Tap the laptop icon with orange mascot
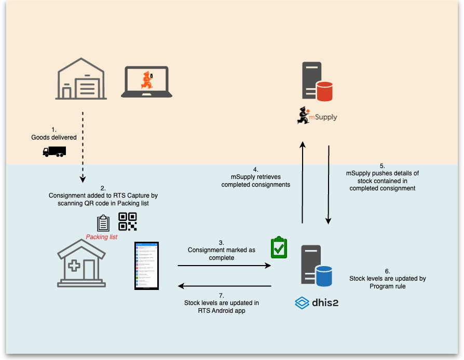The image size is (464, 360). [x=147, y=81]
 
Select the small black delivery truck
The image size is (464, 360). [x=54, y=151]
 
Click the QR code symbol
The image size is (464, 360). [x=128, y=221]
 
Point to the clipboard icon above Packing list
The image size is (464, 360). [x=104, y=224]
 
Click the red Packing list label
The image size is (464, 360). [x=102, y=237]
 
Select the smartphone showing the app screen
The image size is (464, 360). [x=146, y=266]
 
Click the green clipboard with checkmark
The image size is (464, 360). [x=279, y=247]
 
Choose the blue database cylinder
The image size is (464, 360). [x=324, y=275]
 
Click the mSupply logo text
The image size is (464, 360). [x=323, y=117]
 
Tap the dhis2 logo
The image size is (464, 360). [x=317, y=302]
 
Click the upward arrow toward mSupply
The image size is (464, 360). [x=303, y=182]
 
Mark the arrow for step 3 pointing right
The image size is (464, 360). [x=224, y=266]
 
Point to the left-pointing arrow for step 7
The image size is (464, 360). [x=224, y=286]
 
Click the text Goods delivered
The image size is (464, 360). [x=54, y=137]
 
